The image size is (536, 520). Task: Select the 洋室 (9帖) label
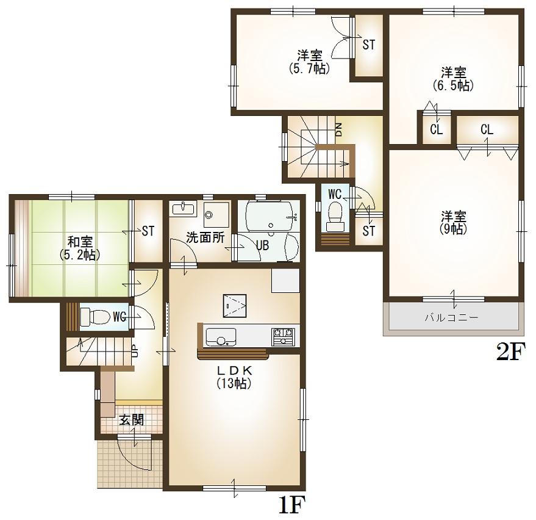coord(454,223)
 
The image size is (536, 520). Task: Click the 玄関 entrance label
coord(131,420)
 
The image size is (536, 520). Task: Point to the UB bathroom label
coord(262,245)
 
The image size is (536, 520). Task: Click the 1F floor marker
coord(291,505)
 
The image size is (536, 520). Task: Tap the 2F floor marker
coord(510,352)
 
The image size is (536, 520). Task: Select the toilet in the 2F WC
coord(334,214)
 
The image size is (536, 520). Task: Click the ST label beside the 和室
coord(148,231)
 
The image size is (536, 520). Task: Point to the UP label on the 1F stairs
coord(135,351)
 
